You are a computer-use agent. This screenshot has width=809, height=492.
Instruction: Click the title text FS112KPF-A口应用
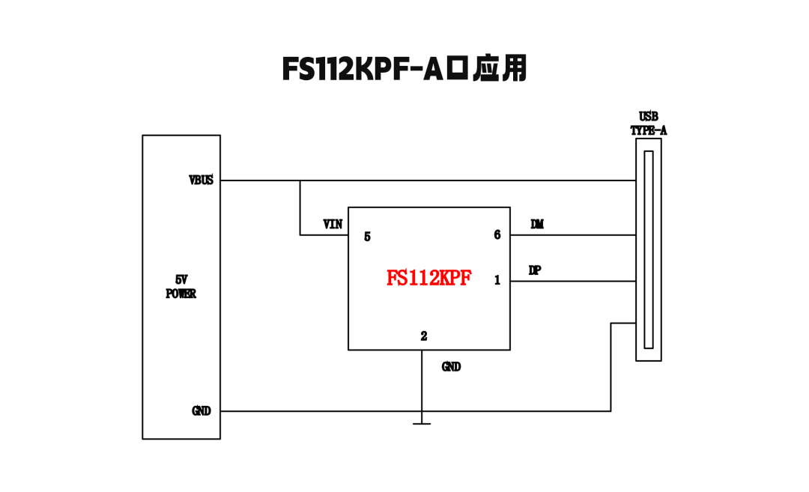pos(404,68)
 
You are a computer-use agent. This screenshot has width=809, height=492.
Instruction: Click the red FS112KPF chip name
pos(429,279)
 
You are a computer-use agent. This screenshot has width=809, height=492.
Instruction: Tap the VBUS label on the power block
pos(201,180)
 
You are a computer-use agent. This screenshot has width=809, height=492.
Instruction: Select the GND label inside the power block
pos(202,411)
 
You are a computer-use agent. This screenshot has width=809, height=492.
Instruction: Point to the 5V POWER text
pos(181,287)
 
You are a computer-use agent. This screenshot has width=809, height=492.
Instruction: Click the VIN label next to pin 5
pos(333,224)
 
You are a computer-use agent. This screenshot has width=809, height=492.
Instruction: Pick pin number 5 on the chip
pos(367,237)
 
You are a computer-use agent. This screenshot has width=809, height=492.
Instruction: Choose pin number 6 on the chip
pos(497,235)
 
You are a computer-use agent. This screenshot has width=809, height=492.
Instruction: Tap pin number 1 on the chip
pos(497,281)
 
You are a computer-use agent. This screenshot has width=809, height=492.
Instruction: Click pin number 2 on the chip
pos(424,336)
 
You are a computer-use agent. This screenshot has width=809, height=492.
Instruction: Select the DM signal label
pos(537,224)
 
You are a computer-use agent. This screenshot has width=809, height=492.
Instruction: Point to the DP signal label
pos(535,270)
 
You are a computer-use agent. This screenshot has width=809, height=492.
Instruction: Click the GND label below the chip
pos(451,367)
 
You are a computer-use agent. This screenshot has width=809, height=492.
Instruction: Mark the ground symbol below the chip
pos(422,423)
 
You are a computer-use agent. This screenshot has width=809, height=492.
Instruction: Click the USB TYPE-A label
pos(649,124)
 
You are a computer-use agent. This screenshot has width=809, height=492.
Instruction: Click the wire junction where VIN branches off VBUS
pos(300,180)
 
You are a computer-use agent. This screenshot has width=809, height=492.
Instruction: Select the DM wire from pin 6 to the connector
pos(573,235)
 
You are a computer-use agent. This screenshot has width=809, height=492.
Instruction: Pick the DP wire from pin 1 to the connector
pos(573,282)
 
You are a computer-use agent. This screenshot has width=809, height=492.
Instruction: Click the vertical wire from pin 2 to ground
pos(422,382)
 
